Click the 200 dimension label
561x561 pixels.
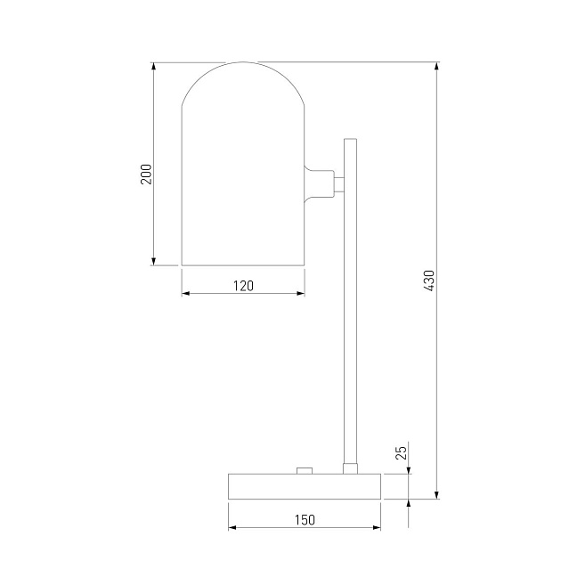click(146, 175)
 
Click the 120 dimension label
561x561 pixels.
click(243, 286)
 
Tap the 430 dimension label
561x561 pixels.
click(429, 280)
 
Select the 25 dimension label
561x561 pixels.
click(402, 452)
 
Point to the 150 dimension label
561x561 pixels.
click(305, 520)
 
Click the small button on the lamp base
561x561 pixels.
click(305, 470)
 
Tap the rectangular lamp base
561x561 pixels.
click(305, 486)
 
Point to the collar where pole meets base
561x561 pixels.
click(350, 468)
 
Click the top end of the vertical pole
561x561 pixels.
click(350, 139)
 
